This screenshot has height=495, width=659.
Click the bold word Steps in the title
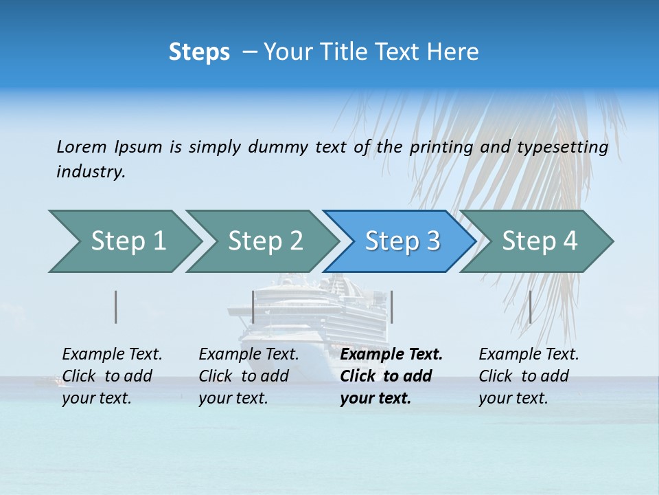tap(199, 52)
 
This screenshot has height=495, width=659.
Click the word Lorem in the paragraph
tap(81, 147)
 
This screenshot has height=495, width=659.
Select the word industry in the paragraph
tap(91, 172)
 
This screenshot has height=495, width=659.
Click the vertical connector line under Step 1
tap(116, 307)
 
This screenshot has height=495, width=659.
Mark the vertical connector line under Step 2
tap(253, 307)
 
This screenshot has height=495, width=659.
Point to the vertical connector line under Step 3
tap(391, 307)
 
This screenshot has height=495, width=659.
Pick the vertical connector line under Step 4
tap(530, 307)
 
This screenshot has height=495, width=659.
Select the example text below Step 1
tap(112, 376)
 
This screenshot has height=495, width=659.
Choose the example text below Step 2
tap(248, 376)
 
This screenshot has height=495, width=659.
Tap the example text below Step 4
tap(529, 376)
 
